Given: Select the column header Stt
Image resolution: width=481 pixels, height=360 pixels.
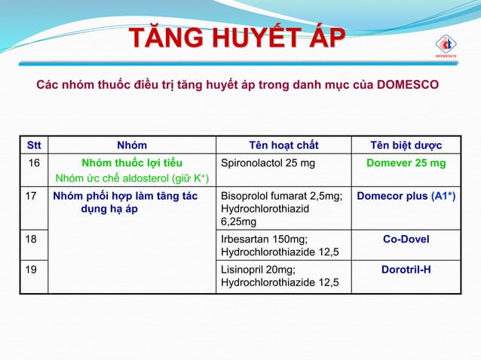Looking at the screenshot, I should (34, 145).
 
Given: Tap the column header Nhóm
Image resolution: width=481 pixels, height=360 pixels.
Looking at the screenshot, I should (132, 145).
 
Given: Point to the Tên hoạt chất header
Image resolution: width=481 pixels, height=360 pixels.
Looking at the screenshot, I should (283, 145).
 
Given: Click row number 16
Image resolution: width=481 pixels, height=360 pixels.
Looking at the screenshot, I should (34, 163).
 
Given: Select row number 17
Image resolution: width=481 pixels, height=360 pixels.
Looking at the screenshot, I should (32, 196).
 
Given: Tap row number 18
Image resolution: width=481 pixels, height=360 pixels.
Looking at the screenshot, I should (32, 239).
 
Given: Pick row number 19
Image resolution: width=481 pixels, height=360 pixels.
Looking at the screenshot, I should (32, 269).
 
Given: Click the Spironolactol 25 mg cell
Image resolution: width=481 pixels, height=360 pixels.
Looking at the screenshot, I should (268, 163).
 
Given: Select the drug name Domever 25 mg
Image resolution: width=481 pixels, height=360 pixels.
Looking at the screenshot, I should (406, 163).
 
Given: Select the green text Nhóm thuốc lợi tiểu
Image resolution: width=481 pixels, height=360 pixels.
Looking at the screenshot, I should (132, 163).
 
